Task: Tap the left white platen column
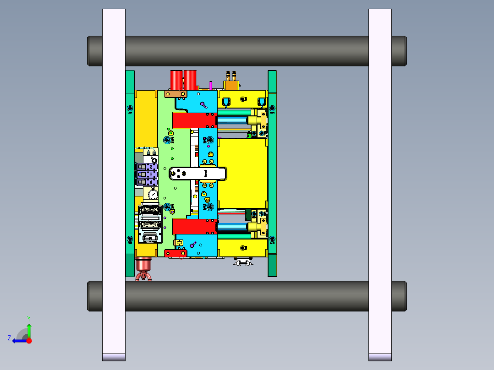click(114, 183)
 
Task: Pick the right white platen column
click(380, 183)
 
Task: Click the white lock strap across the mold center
click(198, 174)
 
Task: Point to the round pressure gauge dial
click(152, 195)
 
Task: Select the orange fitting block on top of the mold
click(231, 85)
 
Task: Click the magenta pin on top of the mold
click(210, 85)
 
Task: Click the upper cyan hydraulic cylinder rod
click(232, 120)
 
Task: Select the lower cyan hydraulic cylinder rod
click(232, 227)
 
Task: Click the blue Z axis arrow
click(18, 341)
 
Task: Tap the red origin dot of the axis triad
click(29, 341)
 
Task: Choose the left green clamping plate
click(130, 174)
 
